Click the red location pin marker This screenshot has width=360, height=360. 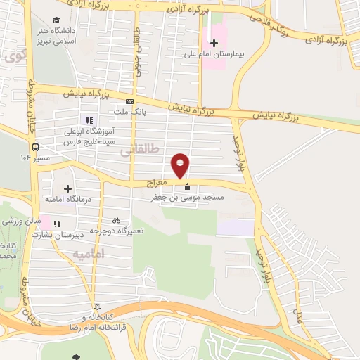coord(181,164)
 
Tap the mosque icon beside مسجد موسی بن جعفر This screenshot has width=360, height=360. coord(187,187)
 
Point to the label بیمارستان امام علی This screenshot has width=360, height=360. coord(214,53)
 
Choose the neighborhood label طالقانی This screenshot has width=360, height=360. coord(136,150)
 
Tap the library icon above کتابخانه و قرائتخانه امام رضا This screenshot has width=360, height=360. coord(97,306)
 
